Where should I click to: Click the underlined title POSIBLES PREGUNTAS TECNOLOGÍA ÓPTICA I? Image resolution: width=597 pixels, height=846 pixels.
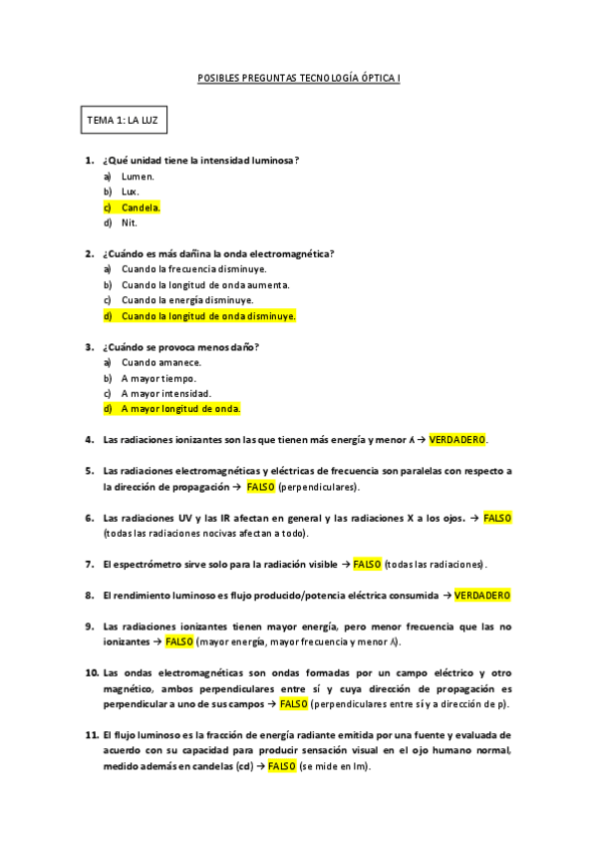(x=298, y=77)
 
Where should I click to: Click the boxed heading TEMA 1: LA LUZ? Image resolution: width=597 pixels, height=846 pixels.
(x=124, y=120)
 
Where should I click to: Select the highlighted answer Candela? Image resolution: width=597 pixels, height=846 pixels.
(x=141, y=208)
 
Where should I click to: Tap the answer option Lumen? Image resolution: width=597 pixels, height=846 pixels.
(x=138, y=176)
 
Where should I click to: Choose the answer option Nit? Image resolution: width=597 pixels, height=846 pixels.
(x=130, y=223)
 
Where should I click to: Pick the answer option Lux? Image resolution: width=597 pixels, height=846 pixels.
(x=131, y=192)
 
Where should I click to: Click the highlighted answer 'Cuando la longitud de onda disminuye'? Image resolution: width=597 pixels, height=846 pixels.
(x=208, y=316)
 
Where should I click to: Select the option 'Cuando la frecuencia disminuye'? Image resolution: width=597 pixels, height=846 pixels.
(x=193, y=269)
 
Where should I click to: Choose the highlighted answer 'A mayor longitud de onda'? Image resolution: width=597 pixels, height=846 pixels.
(x=180, y=409)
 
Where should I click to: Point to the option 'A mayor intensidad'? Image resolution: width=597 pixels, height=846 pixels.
(x=165, y=393)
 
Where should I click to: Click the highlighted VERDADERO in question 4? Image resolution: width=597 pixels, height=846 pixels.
(x=458, y=440)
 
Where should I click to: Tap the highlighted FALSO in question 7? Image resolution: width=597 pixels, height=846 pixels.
(x=367, y=565)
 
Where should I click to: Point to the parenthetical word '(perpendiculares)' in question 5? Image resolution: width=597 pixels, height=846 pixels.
(x=319, y=487)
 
